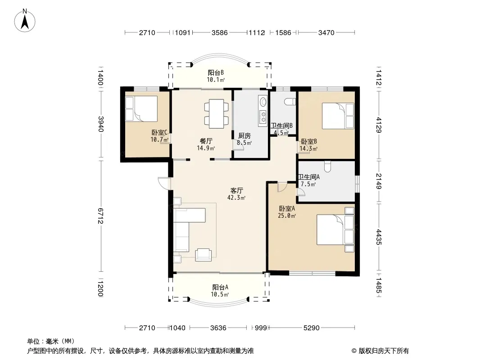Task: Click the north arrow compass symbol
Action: tap(25, 21)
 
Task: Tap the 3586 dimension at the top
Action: tap(219, 32)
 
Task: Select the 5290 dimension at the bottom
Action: tap(311, 328)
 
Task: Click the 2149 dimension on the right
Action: tap(379, 181)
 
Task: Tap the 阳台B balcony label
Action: tap(216, 73)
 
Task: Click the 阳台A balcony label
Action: tap(220, 288)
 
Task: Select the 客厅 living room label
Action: tap(237, 190)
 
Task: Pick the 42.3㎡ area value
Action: tap(236, 198)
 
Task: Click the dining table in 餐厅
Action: tap(217, 113)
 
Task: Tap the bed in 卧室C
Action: tap(141, 109)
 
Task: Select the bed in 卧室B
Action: tap(338, 116)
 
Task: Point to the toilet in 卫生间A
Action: tap(327, 166)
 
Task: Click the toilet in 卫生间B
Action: tap(290, 102)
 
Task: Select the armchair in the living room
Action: tap(203, 255)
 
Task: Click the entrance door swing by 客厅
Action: tap(164, 184)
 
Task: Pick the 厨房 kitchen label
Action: tap(245, 135)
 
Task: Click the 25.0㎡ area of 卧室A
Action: tap(287, 216)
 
